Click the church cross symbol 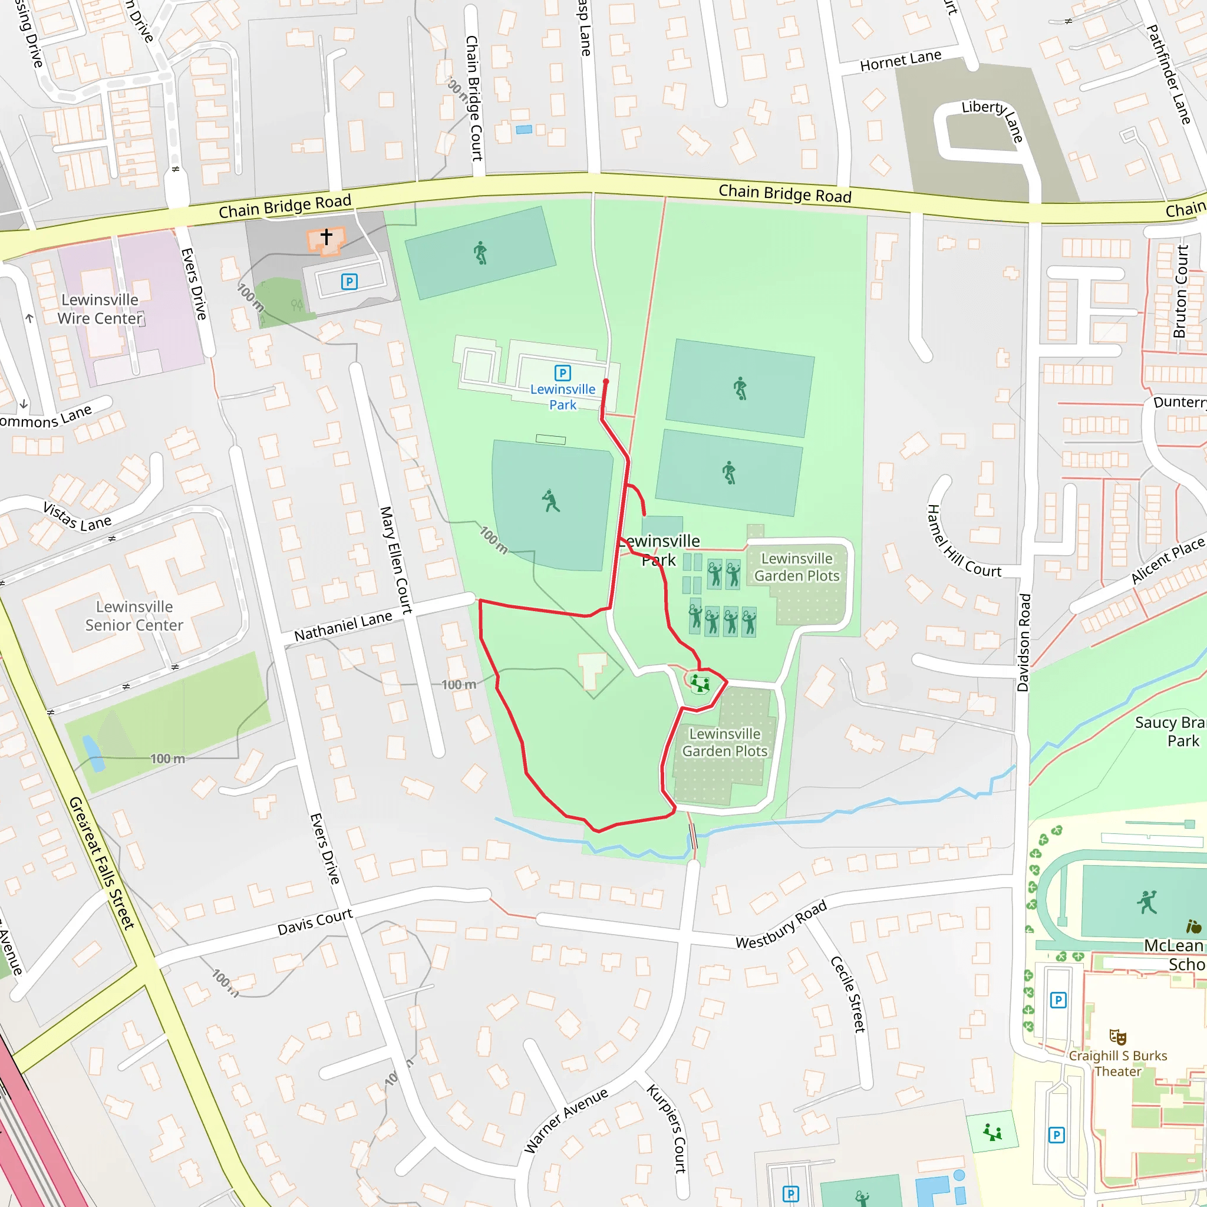326,236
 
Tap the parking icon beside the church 349,282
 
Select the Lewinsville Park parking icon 563,374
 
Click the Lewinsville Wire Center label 100,309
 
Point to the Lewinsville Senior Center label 134,616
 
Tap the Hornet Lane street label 901,61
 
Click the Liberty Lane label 992,118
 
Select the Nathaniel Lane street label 343,626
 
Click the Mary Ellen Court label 396,560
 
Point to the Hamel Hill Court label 964,542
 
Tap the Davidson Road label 1023,643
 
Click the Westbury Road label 781,925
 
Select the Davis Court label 315,922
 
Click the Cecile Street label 847,994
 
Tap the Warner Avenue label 565,1120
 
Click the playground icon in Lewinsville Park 700,684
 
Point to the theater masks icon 1117,1037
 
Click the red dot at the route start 605,382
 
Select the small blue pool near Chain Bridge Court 524,129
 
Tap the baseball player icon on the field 550,500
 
